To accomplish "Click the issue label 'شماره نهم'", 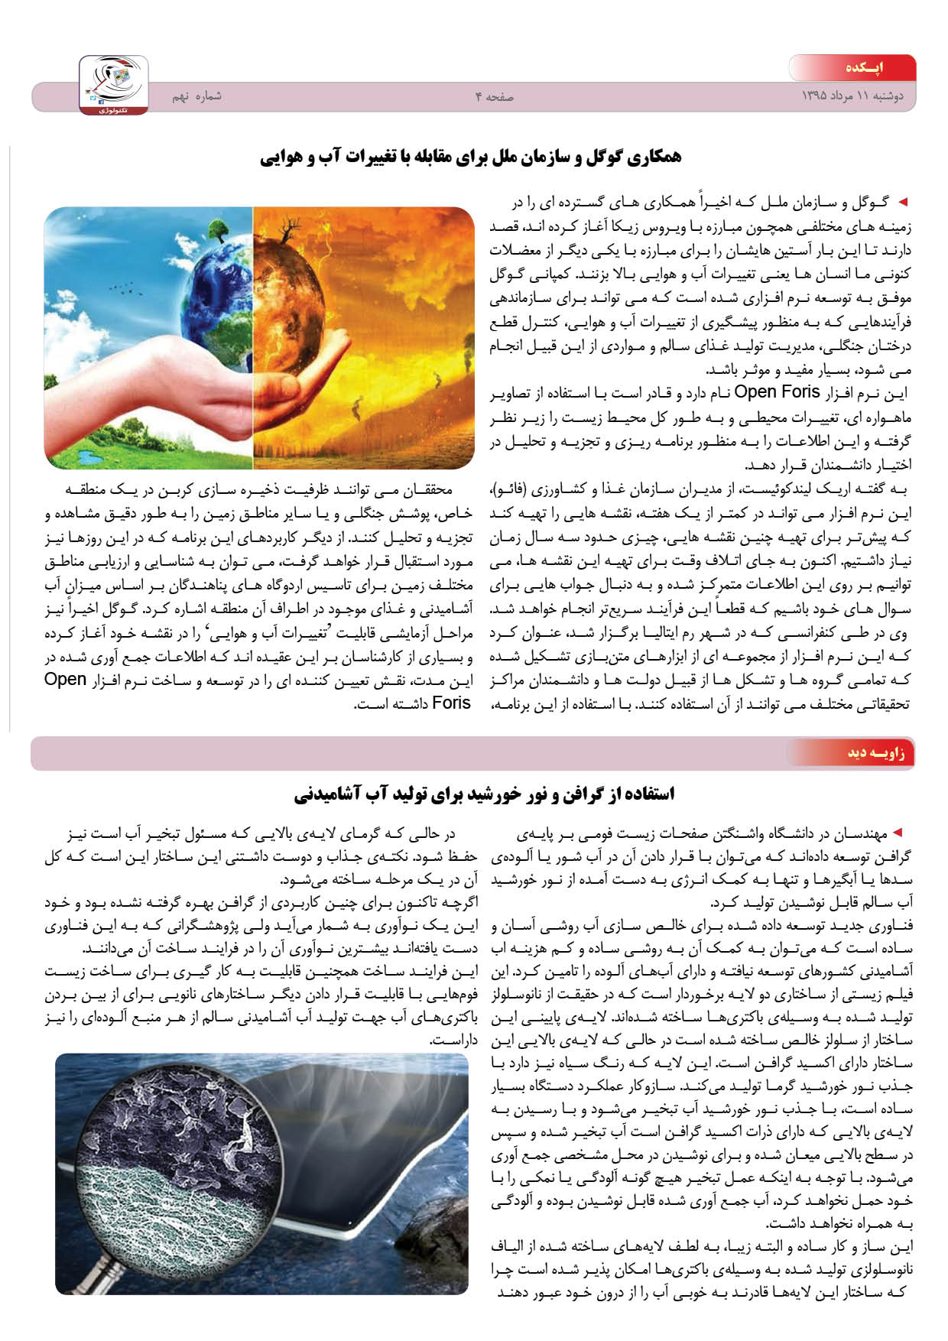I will coord(196,96).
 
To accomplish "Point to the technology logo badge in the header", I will coord(114,85).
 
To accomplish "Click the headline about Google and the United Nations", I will coord(470,157).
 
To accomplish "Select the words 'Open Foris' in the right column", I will coord(776,393).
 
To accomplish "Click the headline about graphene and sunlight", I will coord(484,794).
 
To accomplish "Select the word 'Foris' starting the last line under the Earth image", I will coord(451,703).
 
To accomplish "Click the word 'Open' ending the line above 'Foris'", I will coord(66,680).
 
